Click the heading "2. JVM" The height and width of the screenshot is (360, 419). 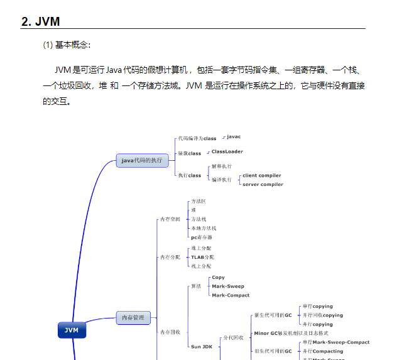(41, 21)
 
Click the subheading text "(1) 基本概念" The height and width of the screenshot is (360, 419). (67, 45)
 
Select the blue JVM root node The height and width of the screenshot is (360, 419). (72, 330)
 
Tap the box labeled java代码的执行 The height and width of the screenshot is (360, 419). (142, 160)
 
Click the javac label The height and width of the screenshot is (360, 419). (234, 136)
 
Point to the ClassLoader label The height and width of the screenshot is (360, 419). (227, 151)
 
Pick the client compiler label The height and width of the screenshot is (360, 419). (261, 175)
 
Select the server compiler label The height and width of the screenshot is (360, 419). (263, 184)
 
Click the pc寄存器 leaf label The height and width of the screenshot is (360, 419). (202, 237)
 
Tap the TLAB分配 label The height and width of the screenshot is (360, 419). (202, 257)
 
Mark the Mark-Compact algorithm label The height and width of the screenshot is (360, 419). (231, 295)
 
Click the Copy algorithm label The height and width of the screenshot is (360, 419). (218, 277)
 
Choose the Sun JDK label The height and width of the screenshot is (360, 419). (202, 346)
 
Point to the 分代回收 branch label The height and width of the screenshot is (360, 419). (233, 337)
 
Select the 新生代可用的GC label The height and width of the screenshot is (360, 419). (273, 315)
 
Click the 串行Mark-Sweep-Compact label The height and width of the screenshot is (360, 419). (335, 342)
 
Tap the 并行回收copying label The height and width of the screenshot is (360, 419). (322, 315)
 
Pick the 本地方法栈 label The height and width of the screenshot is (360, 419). (204, 228)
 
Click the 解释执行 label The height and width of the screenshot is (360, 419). (221, 166)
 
